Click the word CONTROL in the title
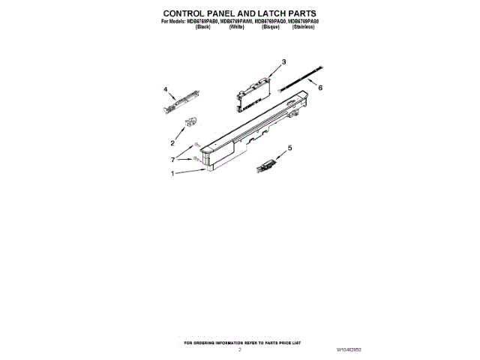tap(188, 13)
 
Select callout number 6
tap(320, 88)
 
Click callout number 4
tap(165, 88)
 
